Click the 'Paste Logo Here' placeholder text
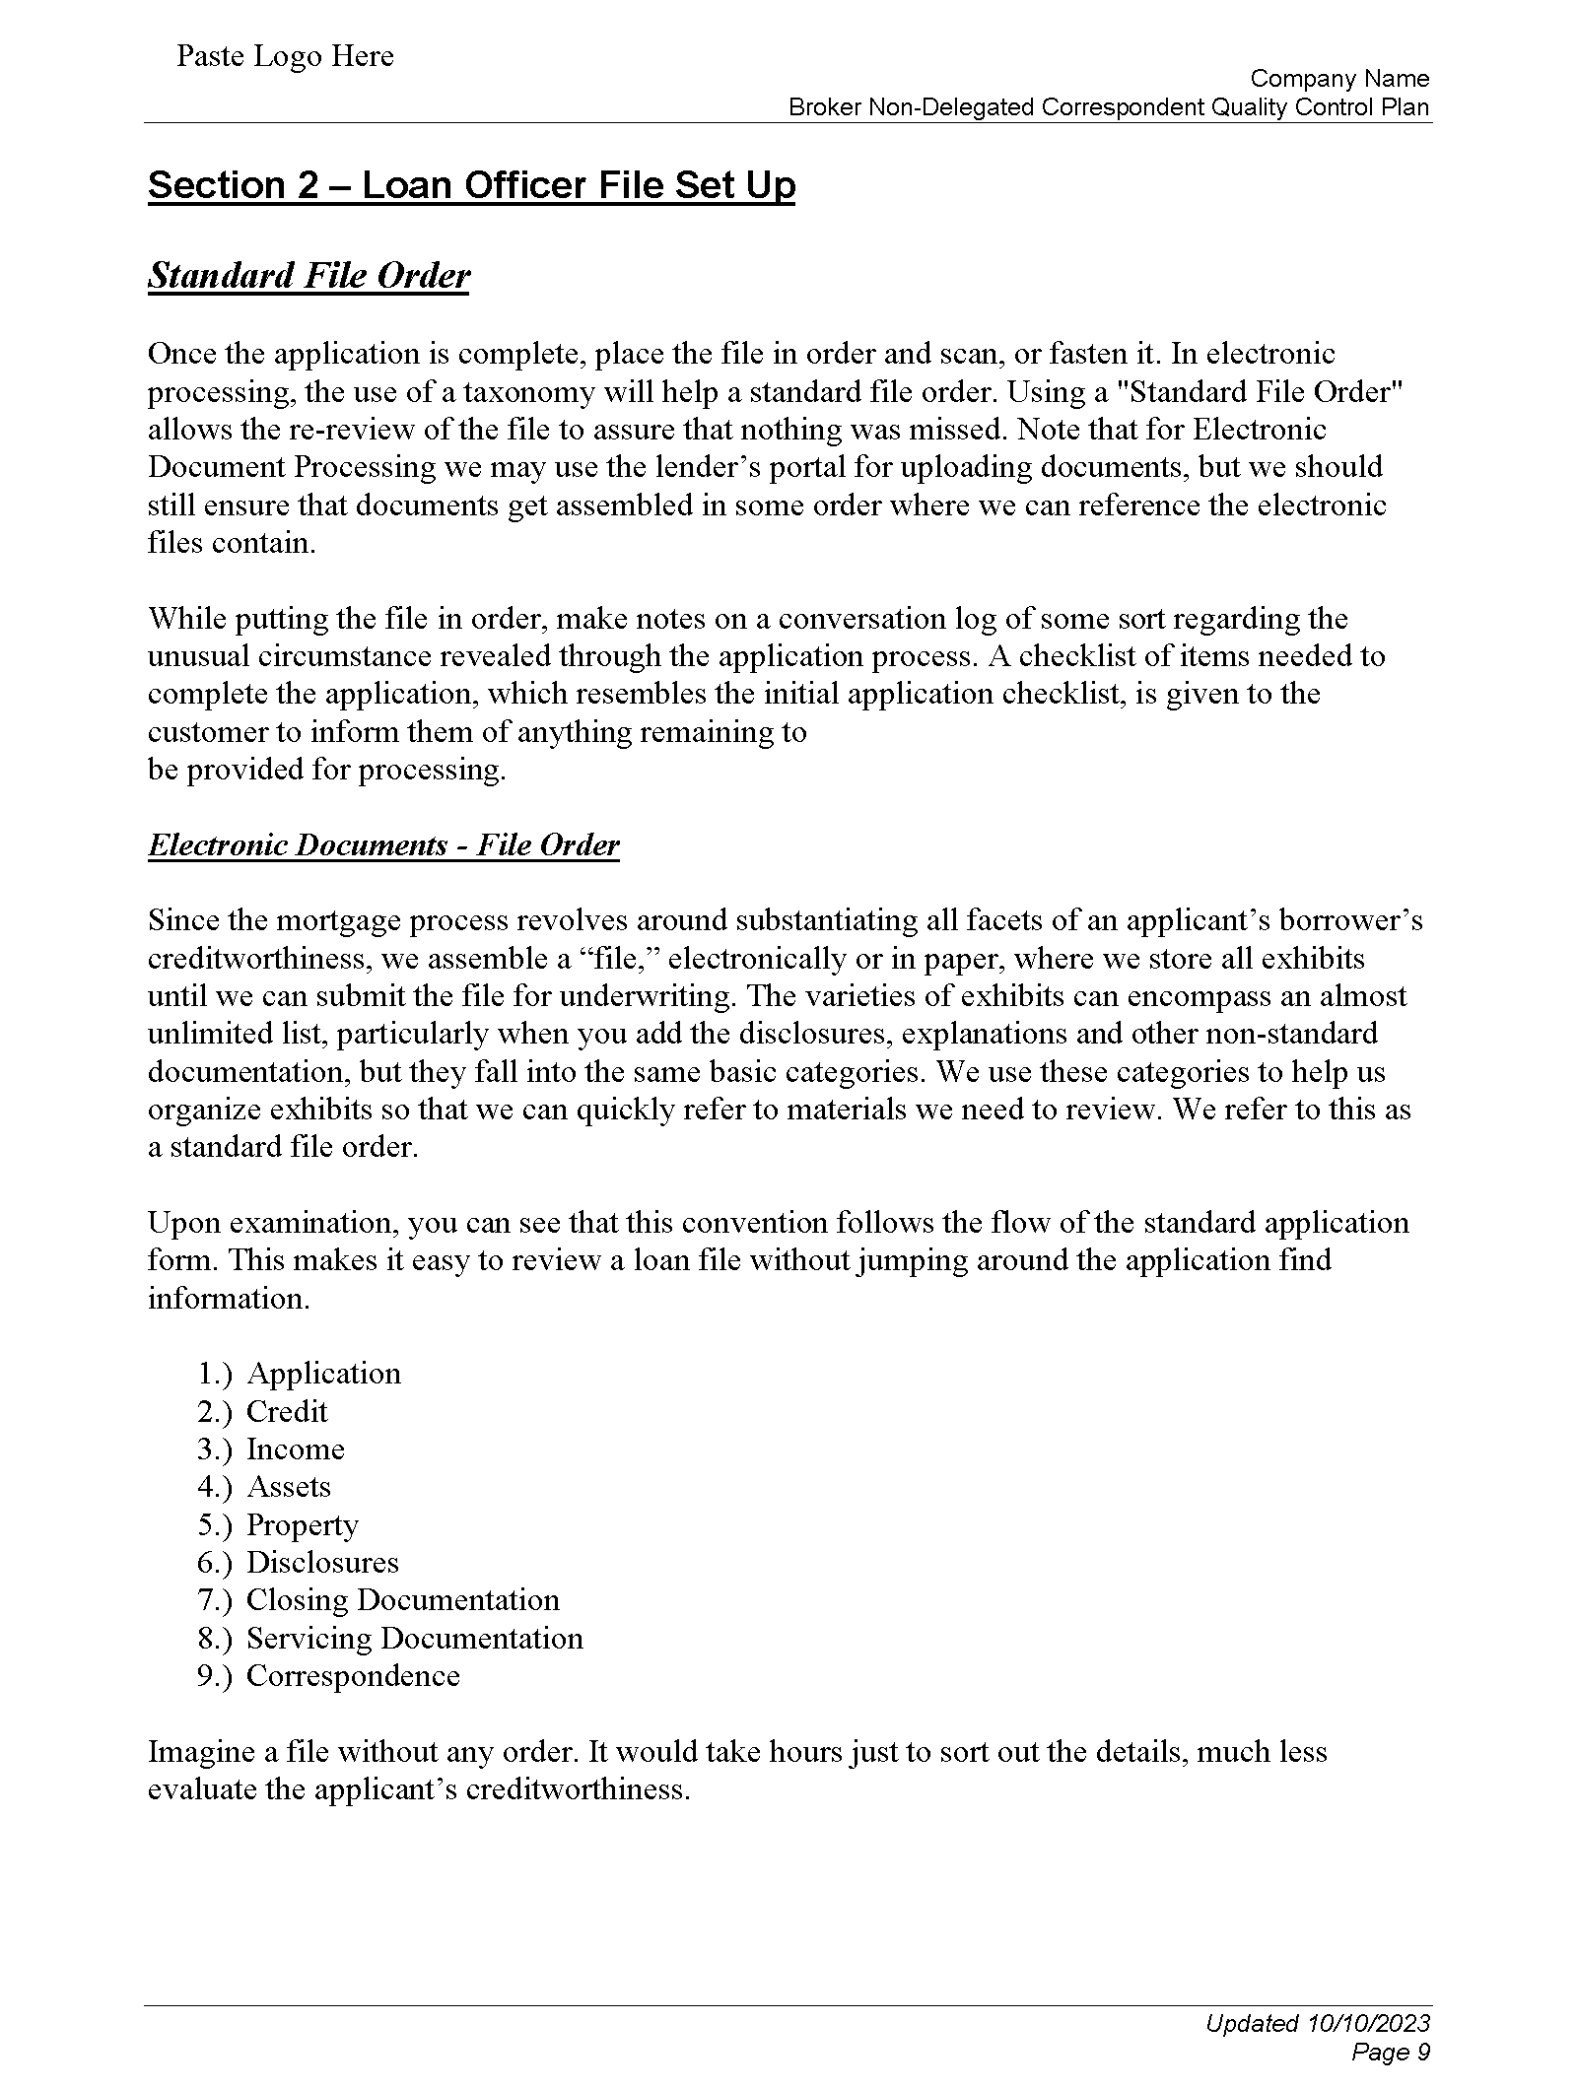tap(285, 56)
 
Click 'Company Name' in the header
tap(1339, 79)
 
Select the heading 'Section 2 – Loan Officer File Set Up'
tap(471, 185)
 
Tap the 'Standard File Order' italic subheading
tap(309, 276)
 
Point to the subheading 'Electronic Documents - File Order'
tap(383, 844)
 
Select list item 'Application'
tap(323, 1374)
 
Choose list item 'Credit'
tap(286, 1412)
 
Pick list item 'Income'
tap(295, 1449)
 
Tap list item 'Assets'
tap(288, 1487)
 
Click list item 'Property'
tap(302, 1525)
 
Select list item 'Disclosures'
tap(322, 1563)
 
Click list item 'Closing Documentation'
tap(402, 1600)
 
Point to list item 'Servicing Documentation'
tap(414, 1639)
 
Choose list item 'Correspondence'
tap(353, 1676)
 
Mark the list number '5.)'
tap(214, 1525)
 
